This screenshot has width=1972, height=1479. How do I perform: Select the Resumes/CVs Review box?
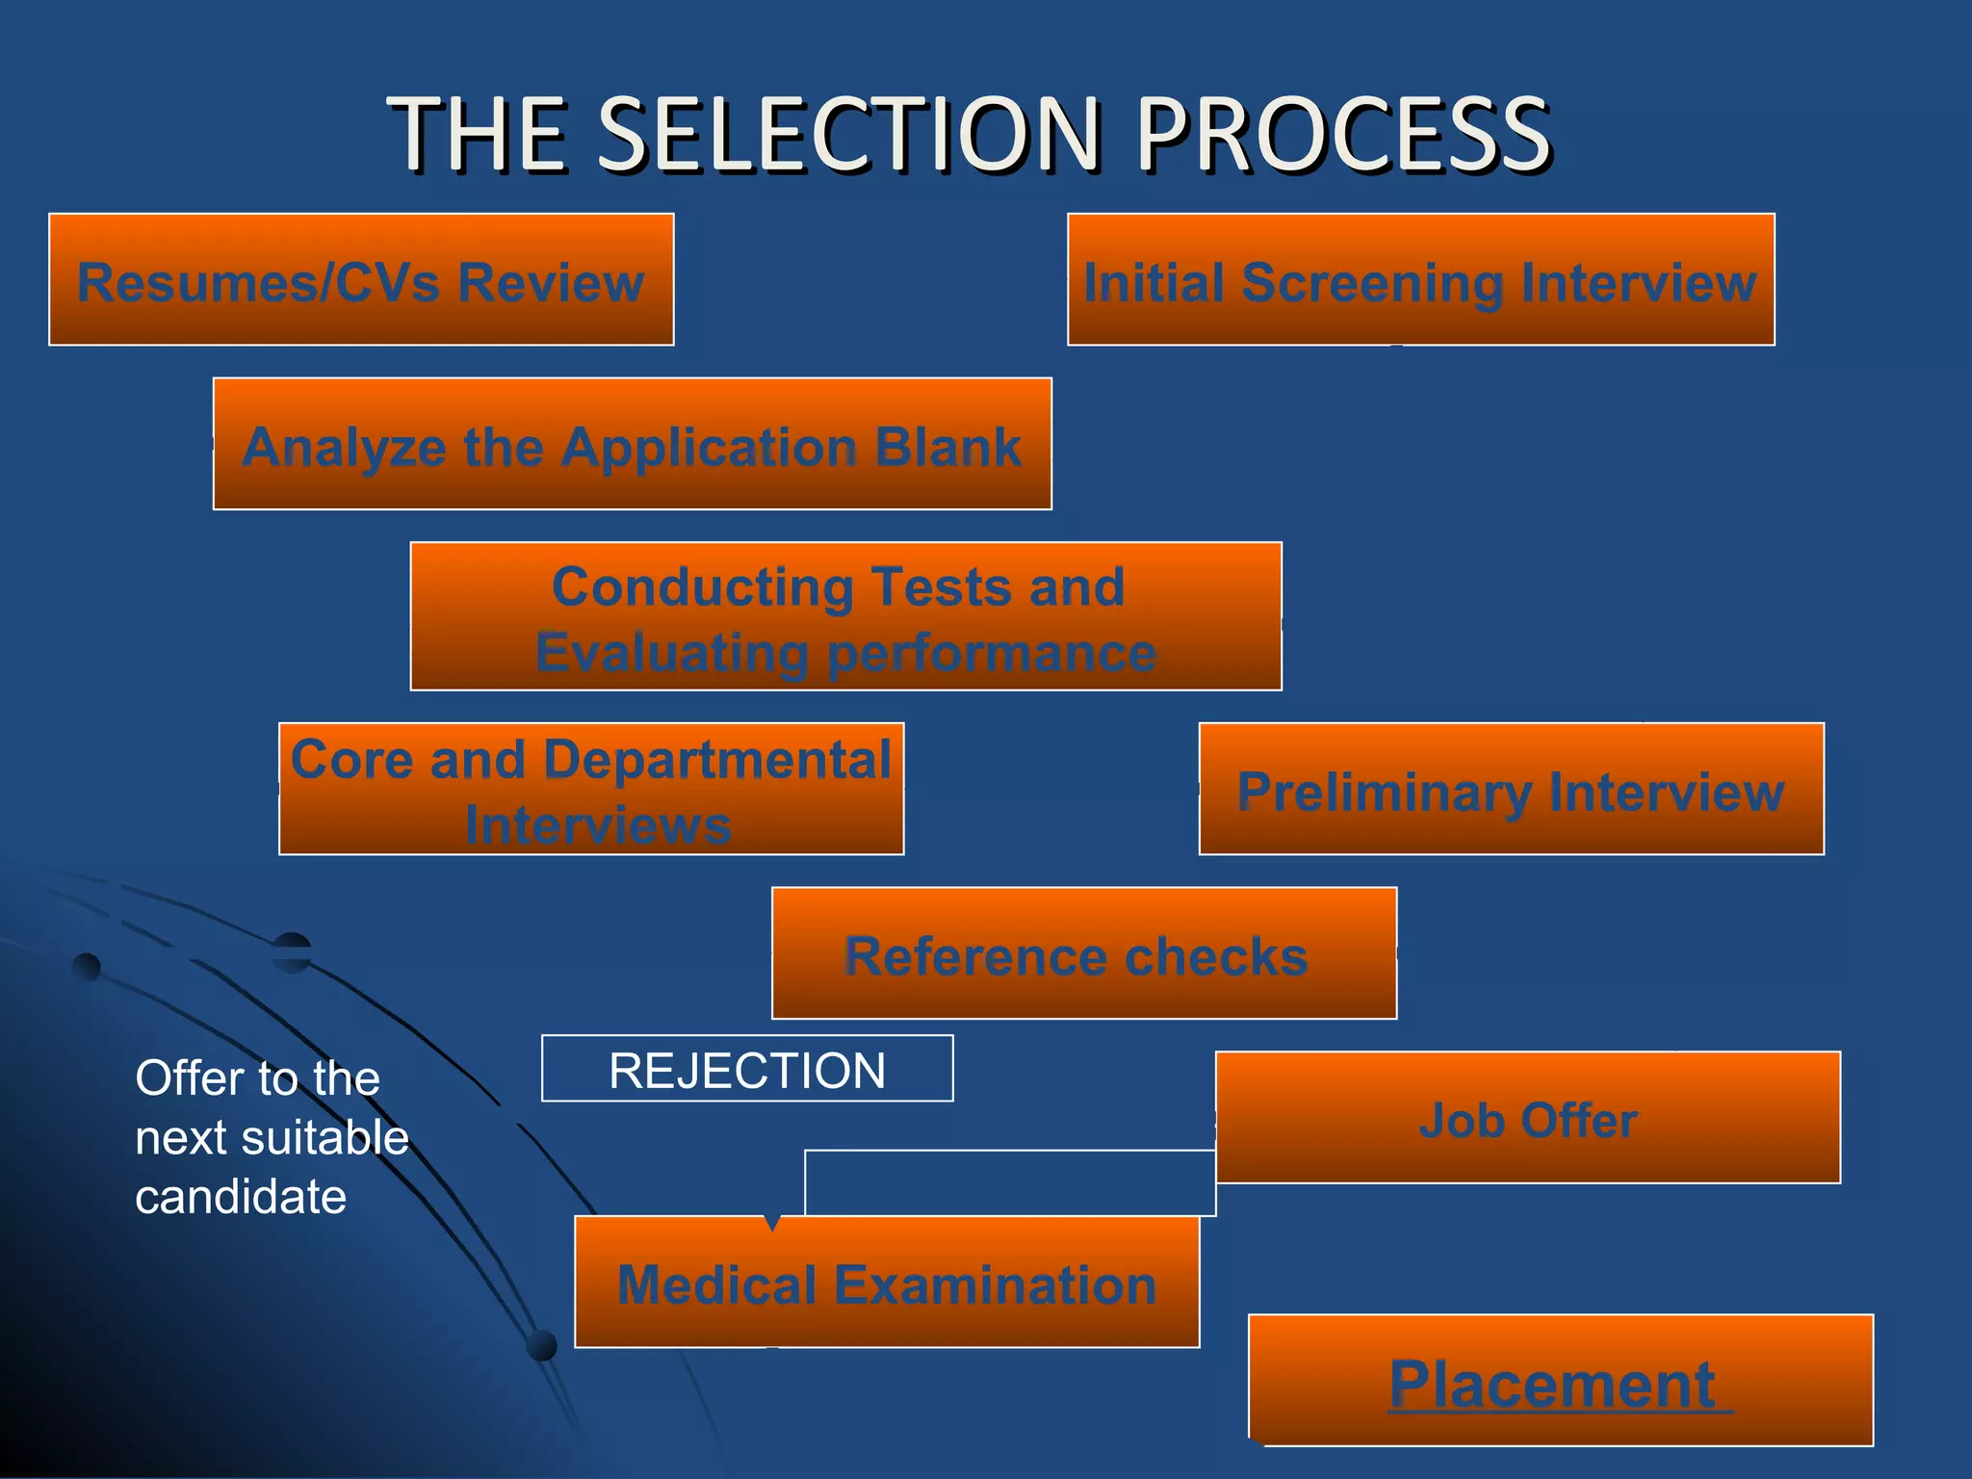pos(361,280)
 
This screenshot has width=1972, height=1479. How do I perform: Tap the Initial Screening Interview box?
pos(1420,280)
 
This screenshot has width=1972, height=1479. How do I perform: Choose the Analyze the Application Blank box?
pos(632,445)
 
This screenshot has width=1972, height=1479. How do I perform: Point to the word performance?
pos(992,654)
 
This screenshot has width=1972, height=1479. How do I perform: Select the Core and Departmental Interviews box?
pos(591,790)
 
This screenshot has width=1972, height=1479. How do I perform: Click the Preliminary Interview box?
pos(1511,790)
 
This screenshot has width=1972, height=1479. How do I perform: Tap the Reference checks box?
pos(1083,954)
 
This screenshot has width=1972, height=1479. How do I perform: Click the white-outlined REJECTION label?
pos(747,1070)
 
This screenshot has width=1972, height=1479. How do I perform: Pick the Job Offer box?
pos(1527,1118)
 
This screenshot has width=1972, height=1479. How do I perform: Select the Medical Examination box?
pos(886,1283)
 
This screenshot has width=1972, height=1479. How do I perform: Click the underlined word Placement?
pos(1552,1385)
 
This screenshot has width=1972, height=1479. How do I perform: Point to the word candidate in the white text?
pos(241,1198)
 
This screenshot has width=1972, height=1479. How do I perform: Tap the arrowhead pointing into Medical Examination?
pos(771,1224)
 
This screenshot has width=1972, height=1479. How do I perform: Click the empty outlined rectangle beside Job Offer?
pos(1009,1182)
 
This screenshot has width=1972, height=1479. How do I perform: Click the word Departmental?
pos(717,760)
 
